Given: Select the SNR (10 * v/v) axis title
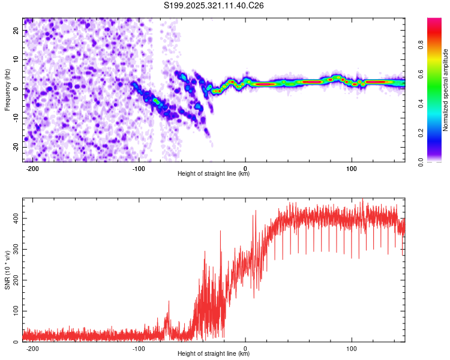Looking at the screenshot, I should tap(7, 269).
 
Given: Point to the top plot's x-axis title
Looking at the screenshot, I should tap(214, 173).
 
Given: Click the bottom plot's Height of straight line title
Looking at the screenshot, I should tap(214, 353).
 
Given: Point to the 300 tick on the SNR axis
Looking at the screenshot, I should tap(14, 249).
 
